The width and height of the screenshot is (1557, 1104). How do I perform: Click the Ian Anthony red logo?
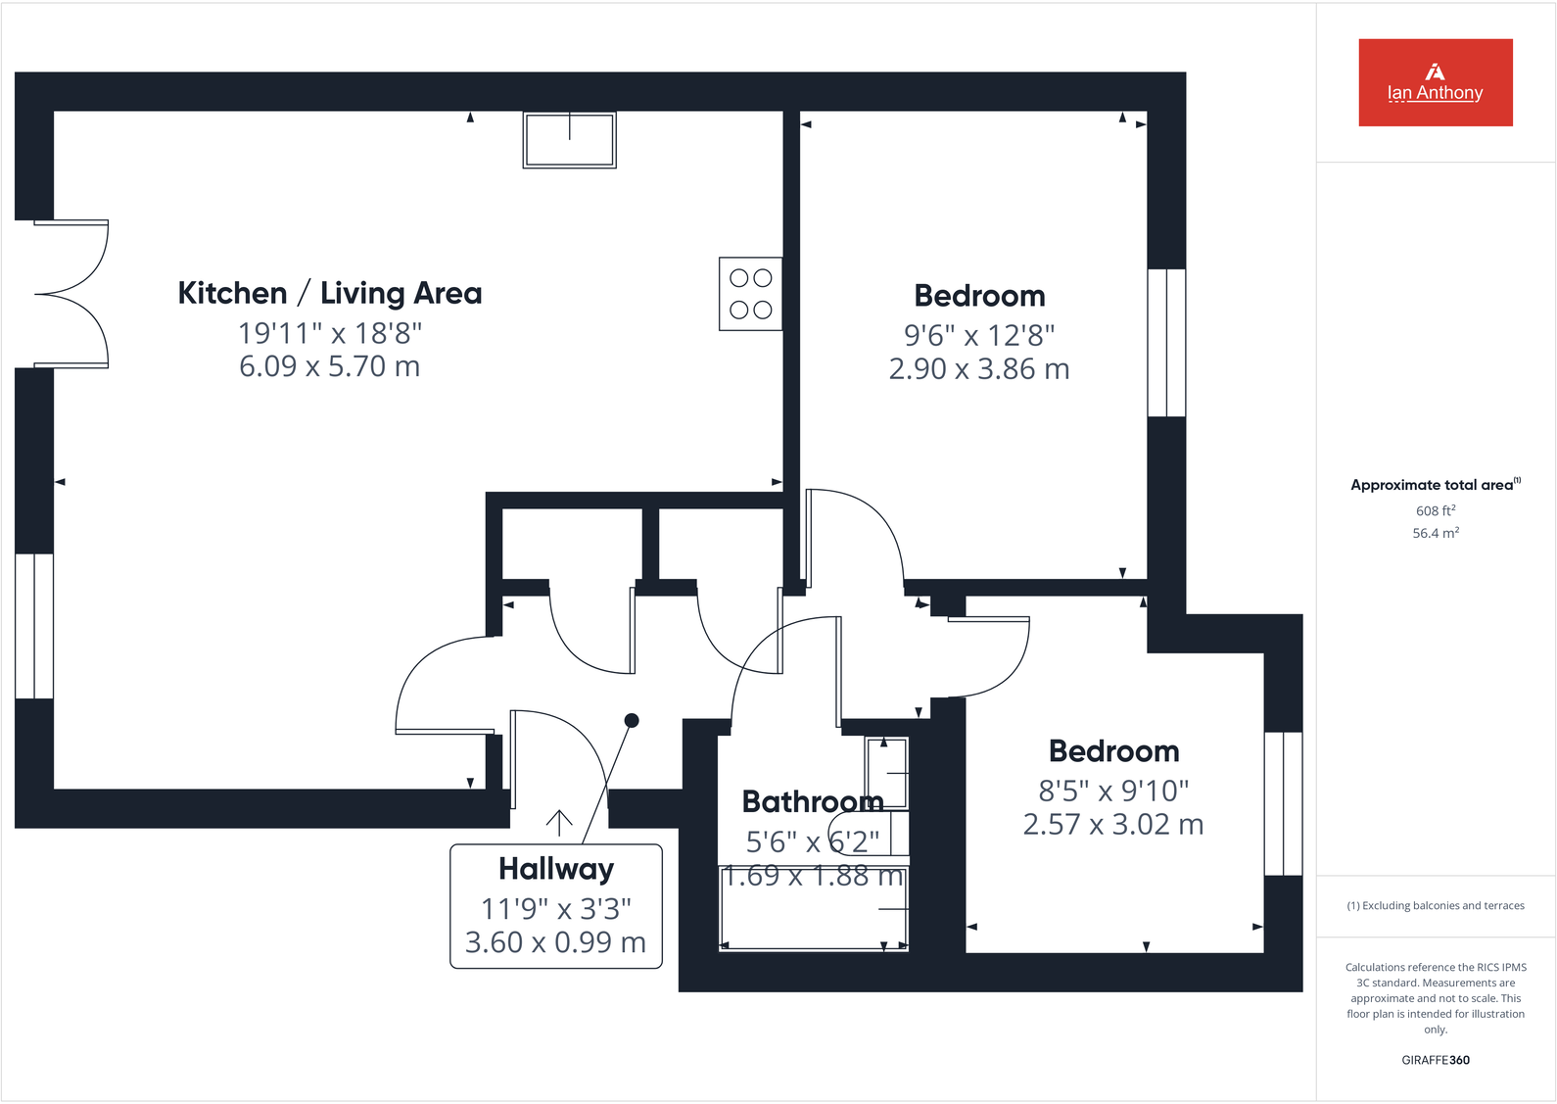pyautogui.click(x=1435, y=82)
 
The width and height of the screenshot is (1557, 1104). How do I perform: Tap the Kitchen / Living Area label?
pyautogui.click(x=329, y=293)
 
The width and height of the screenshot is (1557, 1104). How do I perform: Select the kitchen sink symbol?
pyautogui.click(x=569, y=140)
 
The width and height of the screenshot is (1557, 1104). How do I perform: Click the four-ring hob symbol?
pyautogui.click(x=750, y=294)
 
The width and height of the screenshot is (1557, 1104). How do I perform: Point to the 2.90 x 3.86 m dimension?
pyautogui.click(x=978, y=369)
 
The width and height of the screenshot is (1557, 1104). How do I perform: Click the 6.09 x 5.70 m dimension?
pyautogui.click(x=329, y=366)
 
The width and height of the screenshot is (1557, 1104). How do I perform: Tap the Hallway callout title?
pyautogui.click(x=555, y=869)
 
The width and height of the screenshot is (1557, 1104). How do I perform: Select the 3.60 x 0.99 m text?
pyautogui.click(x=555, y=942)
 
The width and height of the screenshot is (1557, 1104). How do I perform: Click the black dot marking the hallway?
pyautogui.click(x=632, y=721)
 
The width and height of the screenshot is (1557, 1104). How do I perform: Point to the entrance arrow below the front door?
pyautogui.click(x=559, y=823)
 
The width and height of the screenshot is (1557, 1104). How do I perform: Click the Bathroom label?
pyautogui.click(x=812, y=802)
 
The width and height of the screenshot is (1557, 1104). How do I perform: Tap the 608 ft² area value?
pyautogui.click(x=1435, y=510)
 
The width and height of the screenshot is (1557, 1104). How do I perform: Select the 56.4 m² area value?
pyautogui.click(x=1435, y=533)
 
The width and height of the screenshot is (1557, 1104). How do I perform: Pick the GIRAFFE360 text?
pyautogui.click(x=1435, y=1060)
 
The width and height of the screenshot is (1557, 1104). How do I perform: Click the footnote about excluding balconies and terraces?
pyautogui.click(x=1435, y=905)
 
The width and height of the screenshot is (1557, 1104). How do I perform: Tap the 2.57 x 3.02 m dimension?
pyautogui.click(x=1112, y=825)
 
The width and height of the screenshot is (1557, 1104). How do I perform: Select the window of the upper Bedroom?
pyautogui.click(x=1165, y=343)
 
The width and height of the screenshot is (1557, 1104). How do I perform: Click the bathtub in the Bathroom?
pyautogui.click(x=813, y=908)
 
